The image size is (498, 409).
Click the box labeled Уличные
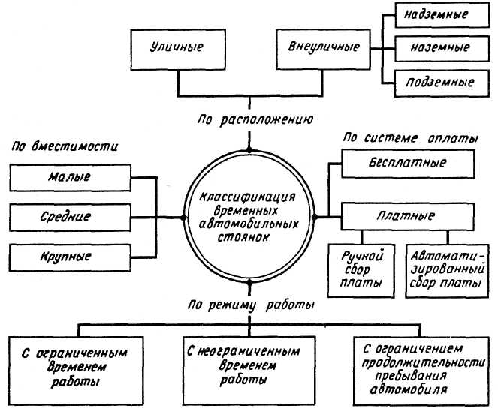178,47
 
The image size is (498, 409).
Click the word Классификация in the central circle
249,196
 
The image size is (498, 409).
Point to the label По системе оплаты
409,139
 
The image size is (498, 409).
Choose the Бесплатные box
407,162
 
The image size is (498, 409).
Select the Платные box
407,216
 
